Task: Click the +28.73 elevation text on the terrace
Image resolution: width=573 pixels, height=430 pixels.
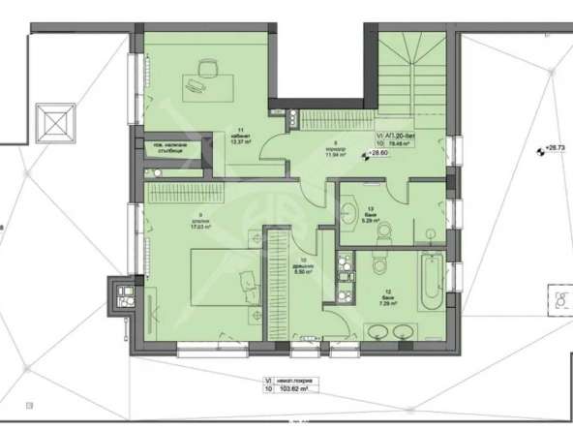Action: point(554,147)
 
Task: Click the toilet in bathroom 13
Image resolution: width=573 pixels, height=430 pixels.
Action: point(384,230)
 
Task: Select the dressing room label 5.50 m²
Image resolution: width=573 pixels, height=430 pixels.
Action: point(305,272)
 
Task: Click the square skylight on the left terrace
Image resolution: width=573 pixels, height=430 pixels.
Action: point(54,122)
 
